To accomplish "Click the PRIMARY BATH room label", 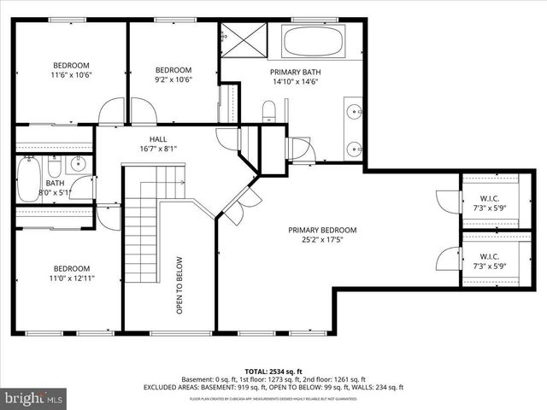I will [x=292, y=73].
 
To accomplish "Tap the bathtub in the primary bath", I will [x=313, y=40].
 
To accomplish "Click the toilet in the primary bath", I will [x=268, y=110].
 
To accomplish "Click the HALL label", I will [x=158, y=138].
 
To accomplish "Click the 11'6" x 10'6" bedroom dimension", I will [x=72, y=75].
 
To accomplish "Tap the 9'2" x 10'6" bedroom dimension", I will [x=174, y=80].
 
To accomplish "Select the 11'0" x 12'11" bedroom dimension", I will [x=72, y=278].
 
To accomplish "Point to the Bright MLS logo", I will [x=34, y=398].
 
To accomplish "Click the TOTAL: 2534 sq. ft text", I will [x=273, y=370].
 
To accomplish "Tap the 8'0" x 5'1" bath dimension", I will [x=55, y=193].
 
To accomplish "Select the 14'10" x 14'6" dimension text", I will [x=292, y=83].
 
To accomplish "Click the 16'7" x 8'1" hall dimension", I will [x=158, y=149].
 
